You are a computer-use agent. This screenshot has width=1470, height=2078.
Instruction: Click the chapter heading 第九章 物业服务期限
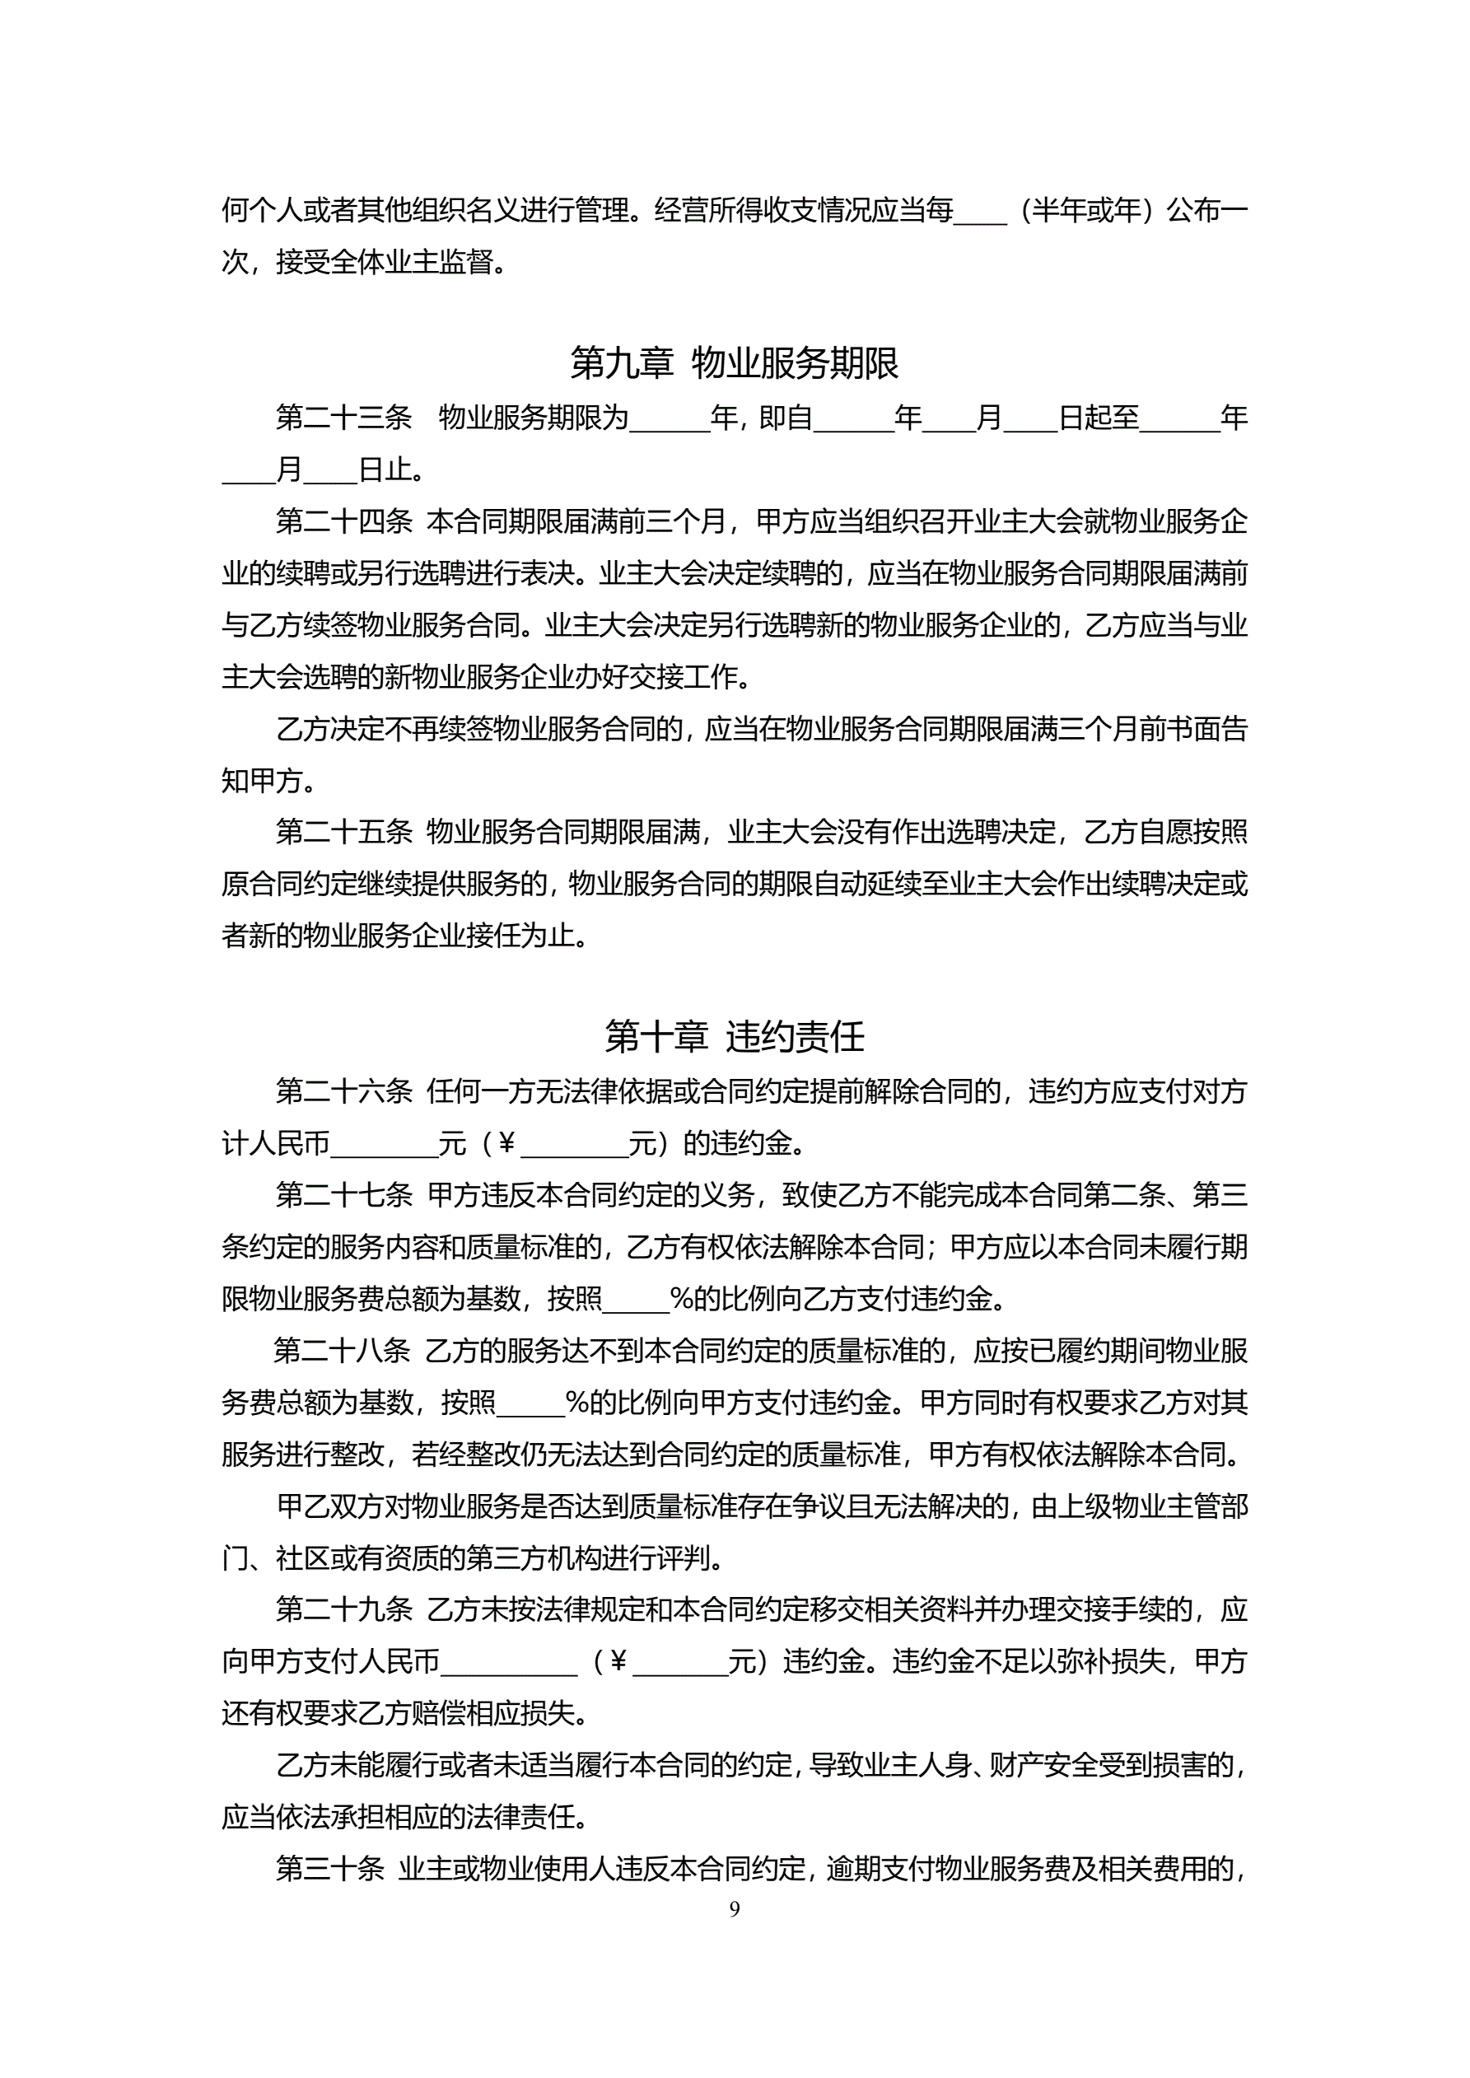pos(734,363)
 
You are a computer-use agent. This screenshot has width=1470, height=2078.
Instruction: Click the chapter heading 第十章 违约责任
pos(734,1036)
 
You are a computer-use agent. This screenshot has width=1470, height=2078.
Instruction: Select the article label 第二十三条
pos(343,418)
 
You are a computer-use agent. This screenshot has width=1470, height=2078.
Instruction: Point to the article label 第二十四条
pos(343,521)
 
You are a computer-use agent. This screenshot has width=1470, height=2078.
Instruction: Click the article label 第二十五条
pos(343,832)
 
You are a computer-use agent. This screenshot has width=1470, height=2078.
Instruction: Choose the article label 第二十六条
pos(343,1091)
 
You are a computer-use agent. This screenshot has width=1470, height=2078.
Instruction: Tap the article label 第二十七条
pos(343,1195)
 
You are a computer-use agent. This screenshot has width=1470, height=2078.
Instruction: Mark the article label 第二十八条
pos(341,1352)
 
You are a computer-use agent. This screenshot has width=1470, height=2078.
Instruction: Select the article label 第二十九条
pos(343,1609)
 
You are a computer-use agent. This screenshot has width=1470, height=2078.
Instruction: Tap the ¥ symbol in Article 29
pos(619,1662)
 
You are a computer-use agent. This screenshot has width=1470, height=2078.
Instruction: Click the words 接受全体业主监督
pos(385,263)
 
